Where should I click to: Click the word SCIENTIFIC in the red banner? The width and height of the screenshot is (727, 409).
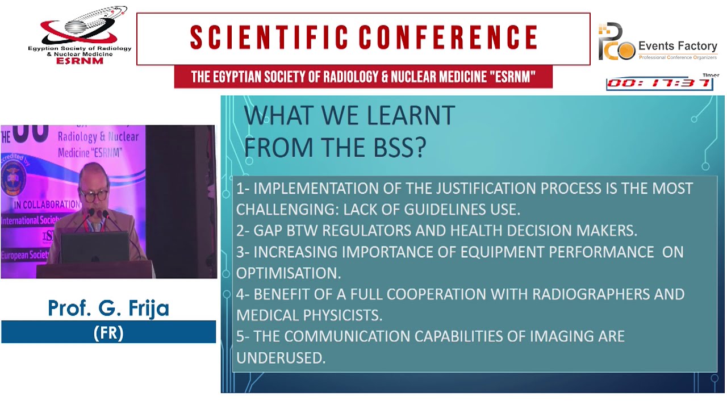click(269, 38)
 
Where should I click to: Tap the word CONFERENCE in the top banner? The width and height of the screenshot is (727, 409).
click(448, 38)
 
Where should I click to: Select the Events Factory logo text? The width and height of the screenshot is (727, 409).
click(678, 46)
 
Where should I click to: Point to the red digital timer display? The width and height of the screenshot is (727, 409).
click(659, 84)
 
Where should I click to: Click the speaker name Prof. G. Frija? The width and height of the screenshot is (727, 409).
click(108, 308)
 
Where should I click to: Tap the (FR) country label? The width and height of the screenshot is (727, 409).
click(108, 332)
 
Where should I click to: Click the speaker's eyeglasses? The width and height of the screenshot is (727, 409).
click(94, 194)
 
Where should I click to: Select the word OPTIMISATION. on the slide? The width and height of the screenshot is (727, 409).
click(289, 273)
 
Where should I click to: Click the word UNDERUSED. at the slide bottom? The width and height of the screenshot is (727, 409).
click(281, 357)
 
